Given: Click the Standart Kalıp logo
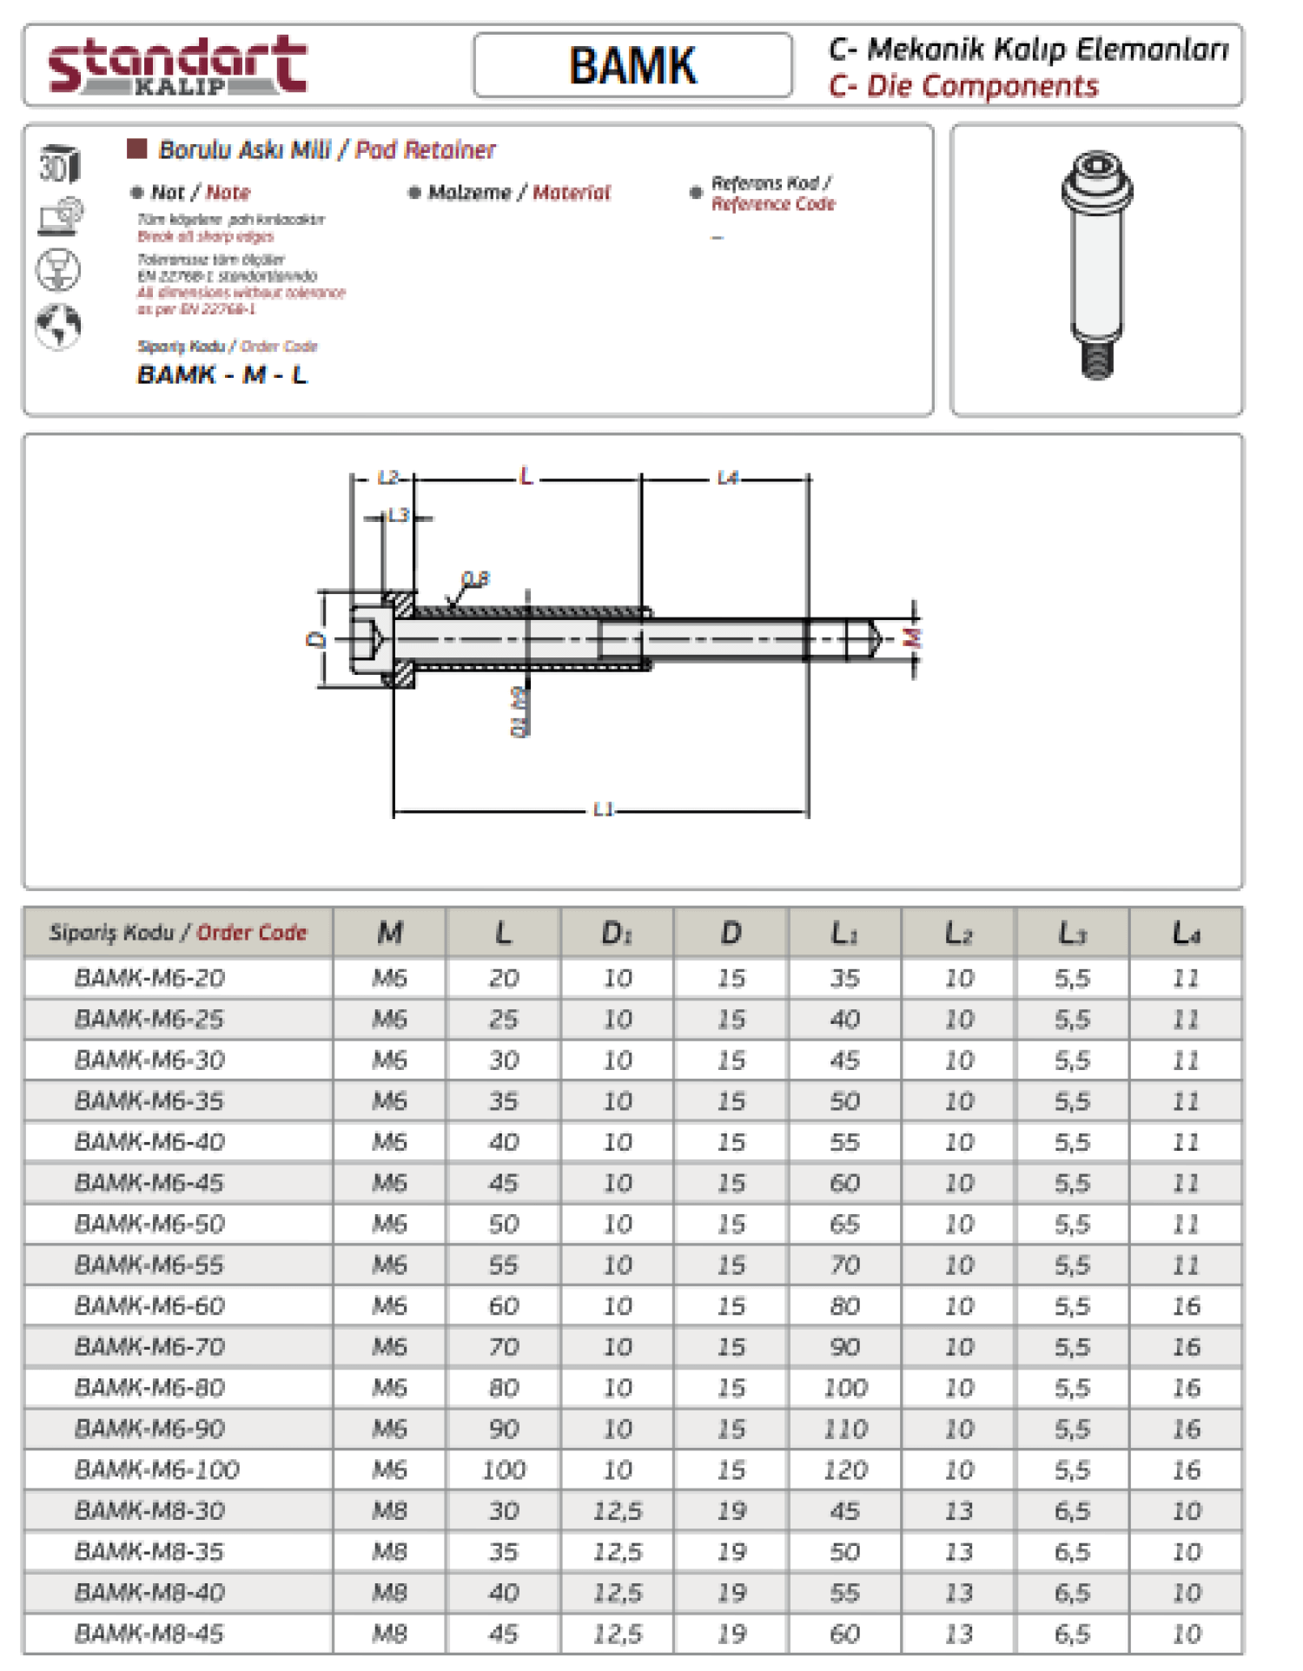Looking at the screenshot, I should tap(177, 65).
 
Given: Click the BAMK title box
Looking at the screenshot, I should tap(632, 66).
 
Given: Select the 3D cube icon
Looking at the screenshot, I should tap(59, 163).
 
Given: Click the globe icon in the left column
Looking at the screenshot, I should tap(58, 327).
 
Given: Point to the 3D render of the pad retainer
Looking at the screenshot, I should tap(1096, 265).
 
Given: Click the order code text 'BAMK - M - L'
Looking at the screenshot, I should tap(222, 375).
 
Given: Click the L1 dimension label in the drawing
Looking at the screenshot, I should tap(603, 809).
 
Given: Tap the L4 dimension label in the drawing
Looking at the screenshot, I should tap(727, 478).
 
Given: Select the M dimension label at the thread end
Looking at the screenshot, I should tap(911, 638).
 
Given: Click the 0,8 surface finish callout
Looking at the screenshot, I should tap(475, 578).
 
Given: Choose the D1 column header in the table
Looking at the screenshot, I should tap(617, 934).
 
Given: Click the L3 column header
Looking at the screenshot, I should tap(1072, 934).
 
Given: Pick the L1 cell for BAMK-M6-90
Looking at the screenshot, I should tap(844, 1429).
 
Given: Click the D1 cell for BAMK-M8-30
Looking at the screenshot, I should tap(617, 1511).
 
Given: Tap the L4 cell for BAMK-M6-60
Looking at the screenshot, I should tap(1186, 1306).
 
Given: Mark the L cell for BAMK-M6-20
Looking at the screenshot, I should tap(503, 979).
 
